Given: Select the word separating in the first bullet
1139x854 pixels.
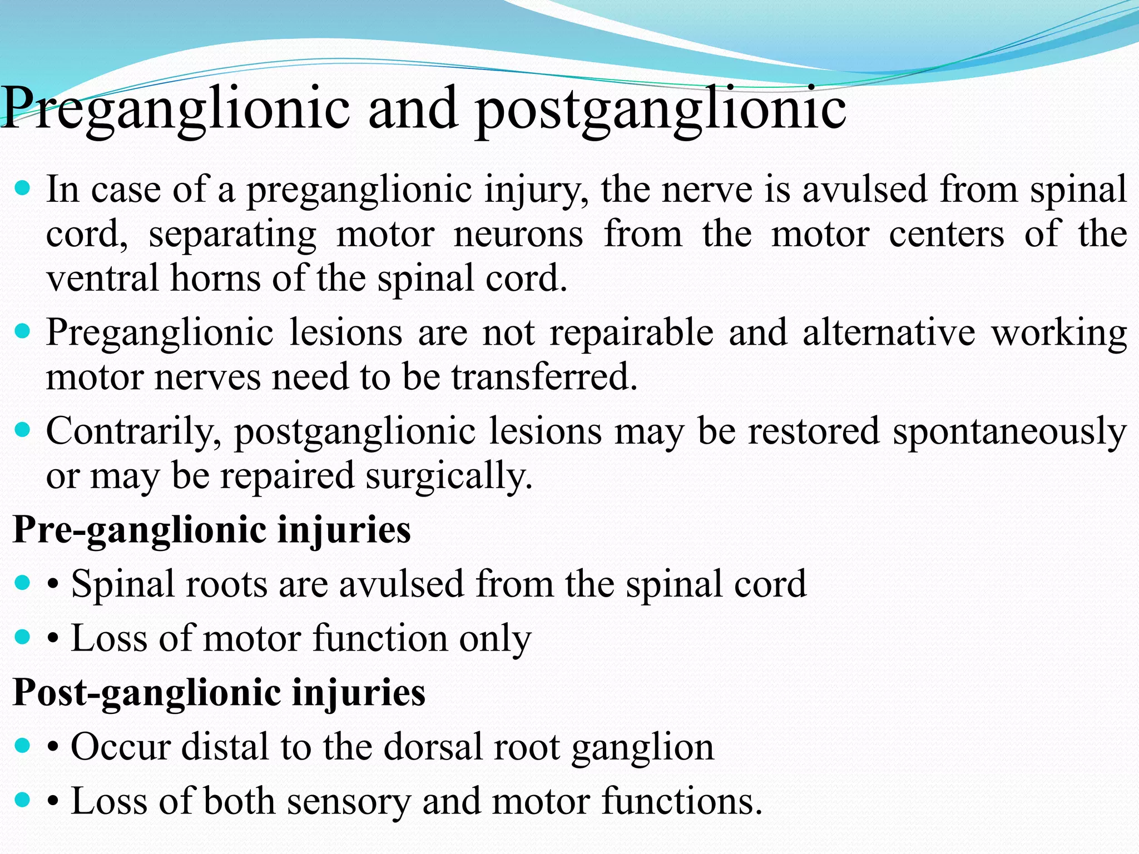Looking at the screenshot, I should coord(232,235).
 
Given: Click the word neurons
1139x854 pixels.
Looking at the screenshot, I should coord(518,235).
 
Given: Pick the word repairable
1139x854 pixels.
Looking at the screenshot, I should coord(631,333).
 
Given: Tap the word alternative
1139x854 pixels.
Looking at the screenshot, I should coord(888,333).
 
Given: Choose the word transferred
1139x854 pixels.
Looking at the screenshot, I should coord(543,378).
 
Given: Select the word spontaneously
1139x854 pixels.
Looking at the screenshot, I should coord(1009,432).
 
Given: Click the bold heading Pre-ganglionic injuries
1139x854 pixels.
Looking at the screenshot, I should coord(211,529).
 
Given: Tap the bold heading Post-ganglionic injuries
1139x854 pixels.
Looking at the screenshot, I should coord(219,693).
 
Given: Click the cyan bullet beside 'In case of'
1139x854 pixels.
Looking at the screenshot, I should coord(22,189).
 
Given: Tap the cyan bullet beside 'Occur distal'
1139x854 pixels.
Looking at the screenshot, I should coord(22,746).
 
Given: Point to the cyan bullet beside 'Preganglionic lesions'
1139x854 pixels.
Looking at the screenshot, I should coord(22,332).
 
